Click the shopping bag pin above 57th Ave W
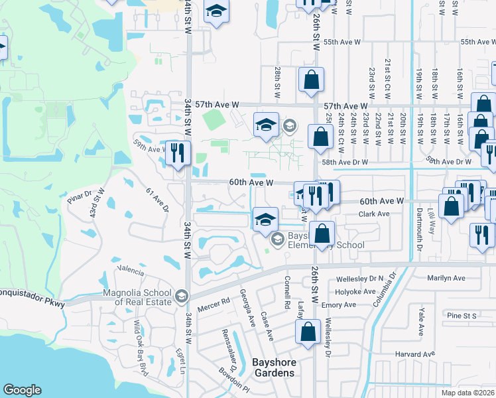tap(311, 81)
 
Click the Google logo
tap(22, 390)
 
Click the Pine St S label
tap(462, 316)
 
